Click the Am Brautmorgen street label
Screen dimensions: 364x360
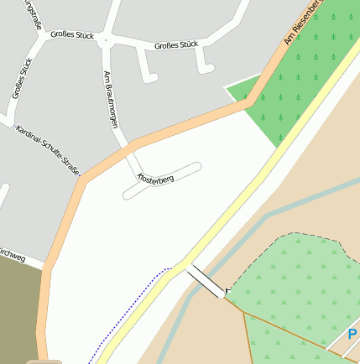coord(110,98)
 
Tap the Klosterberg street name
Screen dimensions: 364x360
coord(155,178)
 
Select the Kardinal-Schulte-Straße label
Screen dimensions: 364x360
coord(49,151)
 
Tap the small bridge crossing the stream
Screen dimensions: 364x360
coord(206,280)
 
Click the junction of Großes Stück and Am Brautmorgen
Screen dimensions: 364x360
coord(105,39)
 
